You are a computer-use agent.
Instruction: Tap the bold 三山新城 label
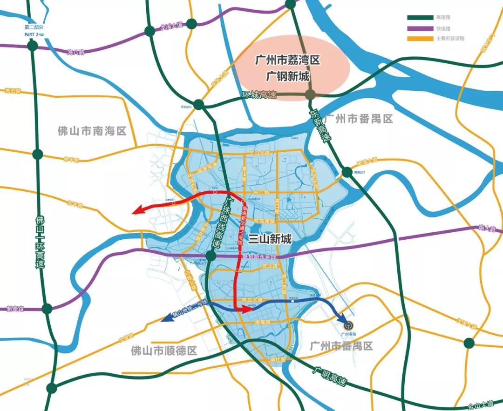(x=270, y=239)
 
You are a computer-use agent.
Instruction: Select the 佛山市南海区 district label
(x=92, y=131)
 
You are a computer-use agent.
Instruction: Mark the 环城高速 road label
(x=259, y=95)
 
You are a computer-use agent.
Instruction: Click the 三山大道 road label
(x=259, y=152)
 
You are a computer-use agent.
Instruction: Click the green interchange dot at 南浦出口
(x=347, y=172)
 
